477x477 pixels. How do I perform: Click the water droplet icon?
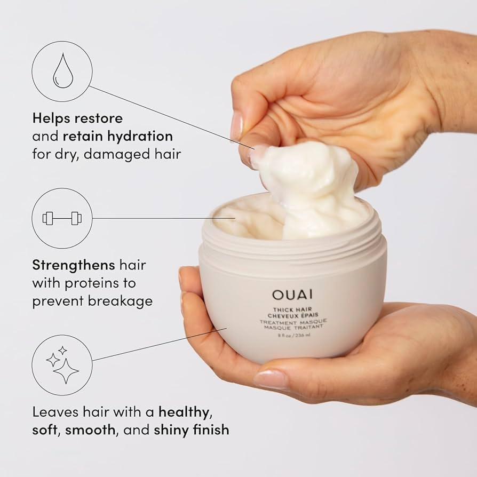(x=62, y=70)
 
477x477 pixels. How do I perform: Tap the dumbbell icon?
(x=62, y=218)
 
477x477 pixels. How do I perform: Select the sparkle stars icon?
(x=62, y=365)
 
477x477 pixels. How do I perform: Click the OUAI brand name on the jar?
(x=293, y=295)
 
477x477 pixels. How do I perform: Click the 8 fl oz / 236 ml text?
(x=293, y=335)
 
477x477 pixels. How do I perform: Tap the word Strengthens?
(x=73, y=265)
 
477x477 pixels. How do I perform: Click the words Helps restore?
(x=77, y=118)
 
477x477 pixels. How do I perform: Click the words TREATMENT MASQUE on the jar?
(x=293, y=321)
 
